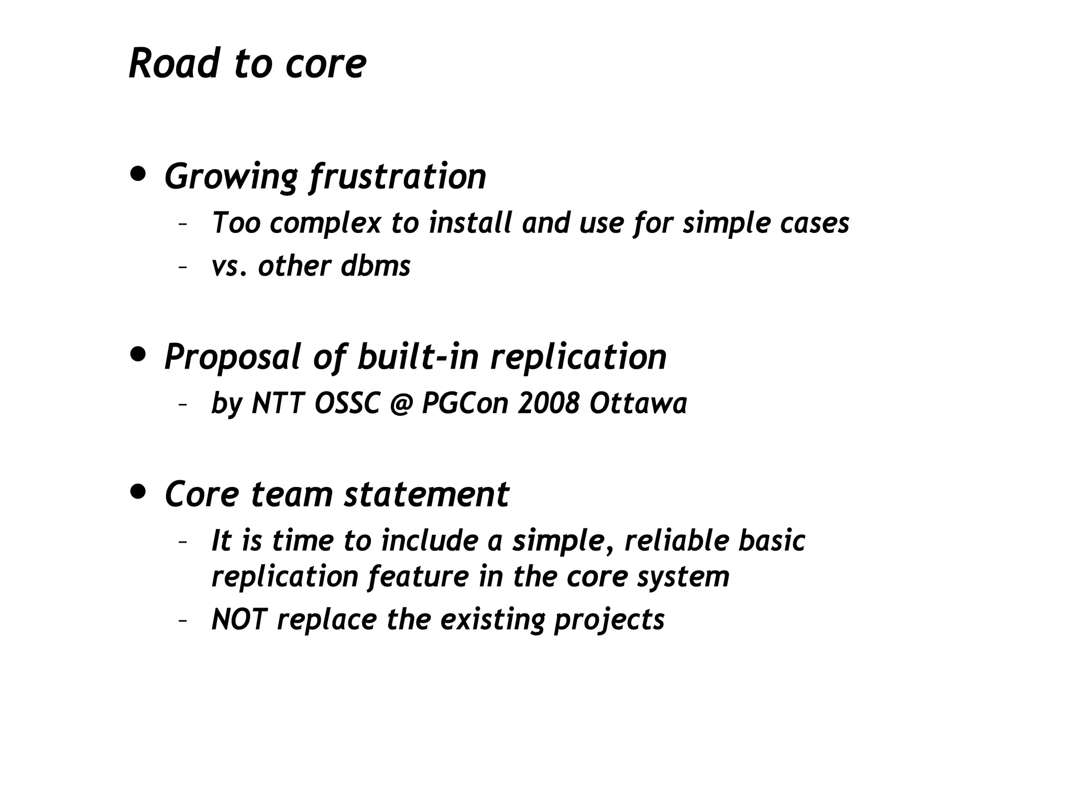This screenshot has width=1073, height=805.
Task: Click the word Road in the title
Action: tap(173, 63)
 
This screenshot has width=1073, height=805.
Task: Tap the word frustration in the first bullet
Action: tap(398, 177)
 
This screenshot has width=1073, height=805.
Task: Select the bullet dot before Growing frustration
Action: tap(138, 174)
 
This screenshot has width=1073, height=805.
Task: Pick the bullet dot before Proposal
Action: tap(138, 355)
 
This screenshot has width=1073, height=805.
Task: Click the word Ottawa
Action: tap(638, 403)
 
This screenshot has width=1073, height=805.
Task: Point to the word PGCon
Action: tap(465, 403)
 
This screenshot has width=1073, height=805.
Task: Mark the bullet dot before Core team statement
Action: tap(138, 492)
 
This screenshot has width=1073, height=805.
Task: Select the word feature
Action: tap(418, 577)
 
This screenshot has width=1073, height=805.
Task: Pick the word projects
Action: tap(609, 620)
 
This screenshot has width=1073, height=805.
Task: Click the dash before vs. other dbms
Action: tap(182, 267)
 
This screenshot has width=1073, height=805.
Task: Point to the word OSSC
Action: tap(347, 403)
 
